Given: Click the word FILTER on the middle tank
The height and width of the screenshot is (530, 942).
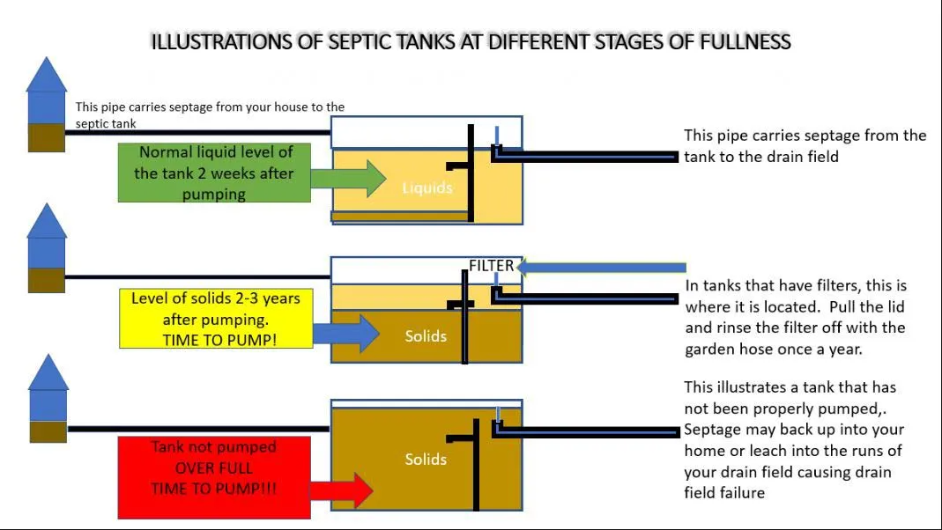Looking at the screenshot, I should pyautogui.click(x=491, y=265).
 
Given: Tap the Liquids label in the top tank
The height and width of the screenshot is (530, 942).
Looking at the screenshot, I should pyautogui.click(x=426, y=188).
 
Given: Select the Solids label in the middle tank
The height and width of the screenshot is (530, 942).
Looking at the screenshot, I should pyautogui.click(x=426, y=335).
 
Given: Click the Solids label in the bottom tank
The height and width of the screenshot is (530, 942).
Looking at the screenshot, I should pyautogui.click(x=426, y=459).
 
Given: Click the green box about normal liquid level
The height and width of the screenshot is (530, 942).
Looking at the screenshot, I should pyautogui.click(x=213, y=173).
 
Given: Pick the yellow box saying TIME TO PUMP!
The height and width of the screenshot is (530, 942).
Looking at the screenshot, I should pyautogui.click(x=216, y=318).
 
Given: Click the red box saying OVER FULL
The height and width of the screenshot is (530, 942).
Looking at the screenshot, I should pyautogui.click(x=213, y=468).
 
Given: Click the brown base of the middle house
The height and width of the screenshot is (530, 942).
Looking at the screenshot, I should pyautogui.click(x=46, y=280).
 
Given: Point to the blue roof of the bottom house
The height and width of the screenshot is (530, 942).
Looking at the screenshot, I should pyautogui.click(x=48, y=372).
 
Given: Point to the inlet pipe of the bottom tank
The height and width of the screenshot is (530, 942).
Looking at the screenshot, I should pyautogui.click(x=198, y=430).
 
